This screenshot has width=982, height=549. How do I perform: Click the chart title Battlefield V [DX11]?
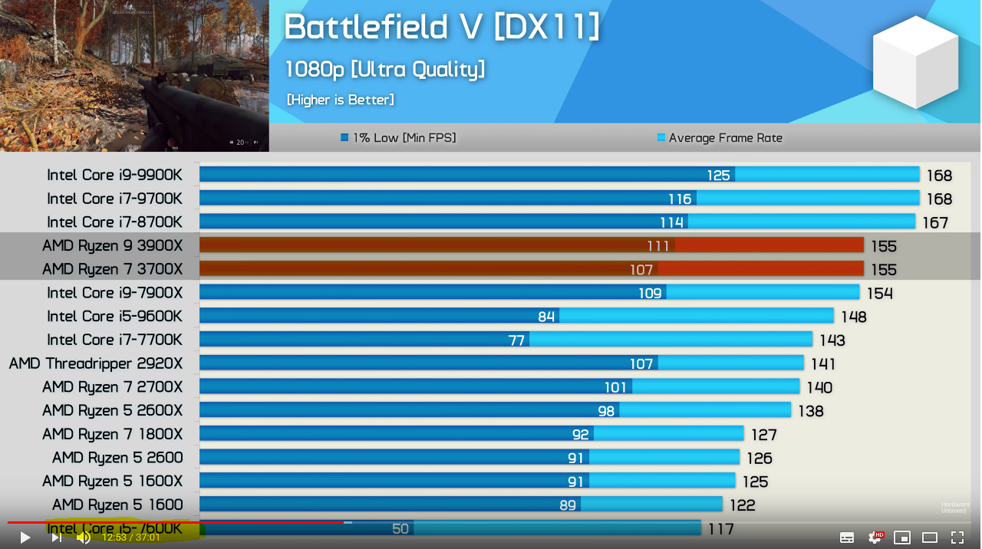[x=442, y=28]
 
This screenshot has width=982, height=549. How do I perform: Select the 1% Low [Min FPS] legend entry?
[x=398, y=138]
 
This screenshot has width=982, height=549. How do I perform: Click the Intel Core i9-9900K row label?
[x=114, y=175]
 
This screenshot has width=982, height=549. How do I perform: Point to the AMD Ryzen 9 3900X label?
[x=112, y=246]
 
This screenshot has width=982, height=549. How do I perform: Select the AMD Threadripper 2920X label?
[x=96, y=363]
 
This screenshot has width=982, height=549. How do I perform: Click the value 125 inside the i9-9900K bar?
[x=718, y=176]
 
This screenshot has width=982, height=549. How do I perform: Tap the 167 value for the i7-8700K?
[x=935, y=223]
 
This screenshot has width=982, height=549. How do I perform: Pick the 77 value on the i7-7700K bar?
[x=516, y=340]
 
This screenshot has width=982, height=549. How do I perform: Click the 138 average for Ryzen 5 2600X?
[x=810, y=411]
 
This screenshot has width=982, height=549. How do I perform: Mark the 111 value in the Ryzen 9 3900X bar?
[x=657, y=246]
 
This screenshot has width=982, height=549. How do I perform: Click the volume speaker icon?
[x=84, y=537]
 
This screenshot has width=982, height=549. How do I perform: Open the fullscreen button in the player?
[x=957, y=537]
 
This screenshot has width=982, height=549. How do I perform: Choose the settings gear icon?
[x=875, y=537]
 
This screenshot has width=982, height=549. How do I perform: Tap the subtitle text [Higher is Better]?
[x=340, y=100]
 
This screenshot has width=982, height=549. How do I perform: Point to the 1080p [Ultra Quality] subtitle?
[x=385, y=70]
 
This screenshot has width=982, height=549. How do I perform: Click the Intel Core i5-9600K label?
[x=114, y=317]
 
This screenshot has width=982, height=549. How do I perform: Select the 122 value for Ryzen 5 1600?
[x=742, y=505]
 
